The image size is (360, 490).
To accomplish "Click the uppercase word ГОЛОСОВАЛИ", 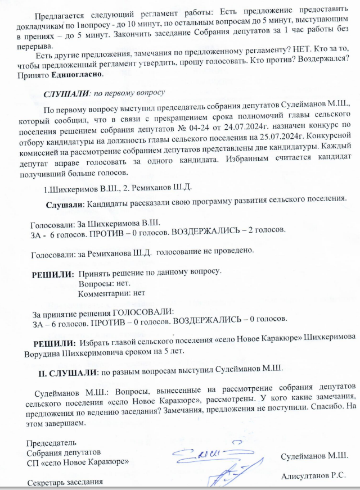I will (144, 311).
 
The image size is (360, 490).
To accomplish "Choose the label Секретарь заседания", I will (65, 482).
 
